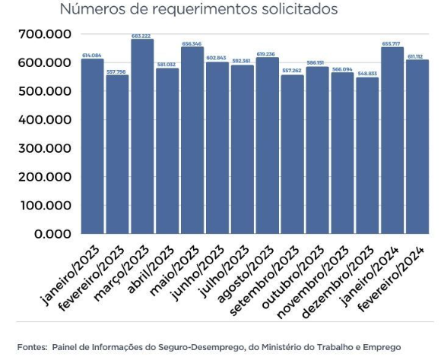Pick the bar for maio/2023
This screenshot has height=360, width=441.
pyautogui.click(x=192, y=140)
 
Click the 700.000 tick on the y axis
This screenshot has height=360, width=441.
pyautogui.click(x=42, y=34)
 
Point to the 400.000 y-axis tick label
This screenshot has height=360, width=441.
pyautogui.click(x=42, y=120)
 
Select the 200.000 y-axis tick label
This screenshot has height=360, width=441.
pyautogui.click(x=42, y=177)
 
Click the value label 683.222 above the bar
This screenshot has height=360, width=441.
pyautogui.click(x=142, y=35)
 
